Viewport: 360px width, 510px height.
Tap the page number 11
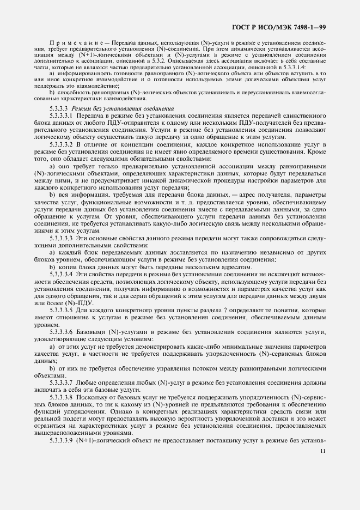coord(323,451)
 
